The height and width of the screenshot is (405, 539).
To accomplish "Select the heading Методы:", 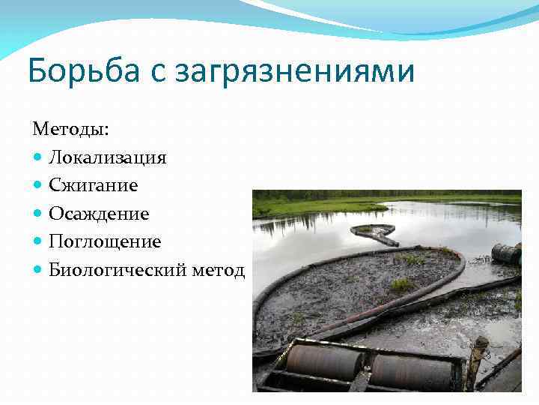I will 70,129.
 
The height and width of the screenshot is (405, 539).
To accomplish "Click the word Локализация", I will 107,157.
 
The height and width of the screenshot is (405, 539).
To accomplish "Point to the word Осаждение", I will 99,214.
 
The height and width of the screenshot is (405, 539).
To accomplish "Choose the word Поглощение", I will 105,242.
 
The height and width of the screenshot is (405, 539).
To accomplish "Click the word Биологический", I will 120,270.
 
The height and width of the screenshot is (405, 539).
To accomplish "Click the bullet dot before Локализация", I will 38,158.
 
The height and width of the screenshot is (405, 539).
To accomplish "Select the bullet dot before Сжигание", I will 38,186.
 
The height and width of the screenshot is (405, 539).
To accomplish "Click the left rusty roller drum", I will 324,362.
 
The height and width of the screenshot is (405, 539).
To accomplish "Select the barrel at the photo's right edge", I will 507,253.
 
